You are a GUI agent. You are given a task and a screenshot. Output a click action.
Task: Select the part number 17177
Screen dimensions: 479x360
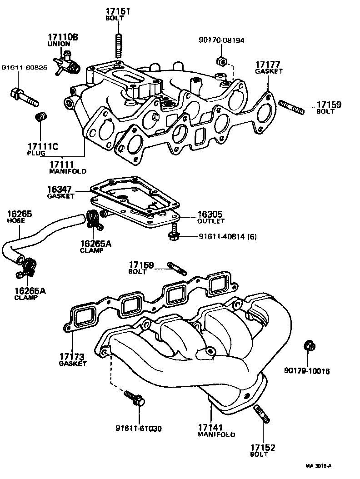click(267, 65)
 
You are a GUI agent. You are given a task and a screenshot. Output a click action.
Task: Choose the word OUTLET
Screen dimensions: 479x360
click(211, 221)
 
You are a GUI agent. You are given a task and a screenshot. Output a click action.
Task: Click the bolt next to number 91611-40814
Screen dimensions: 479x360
click(173, 235)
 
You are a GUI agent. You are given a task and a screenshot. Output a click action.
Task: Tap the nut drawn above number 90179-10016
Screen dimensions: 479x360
click(308, 346)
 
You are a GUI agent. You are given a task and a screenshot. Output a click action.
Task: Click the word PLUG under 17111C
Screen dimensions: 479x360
click(35, 154)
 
